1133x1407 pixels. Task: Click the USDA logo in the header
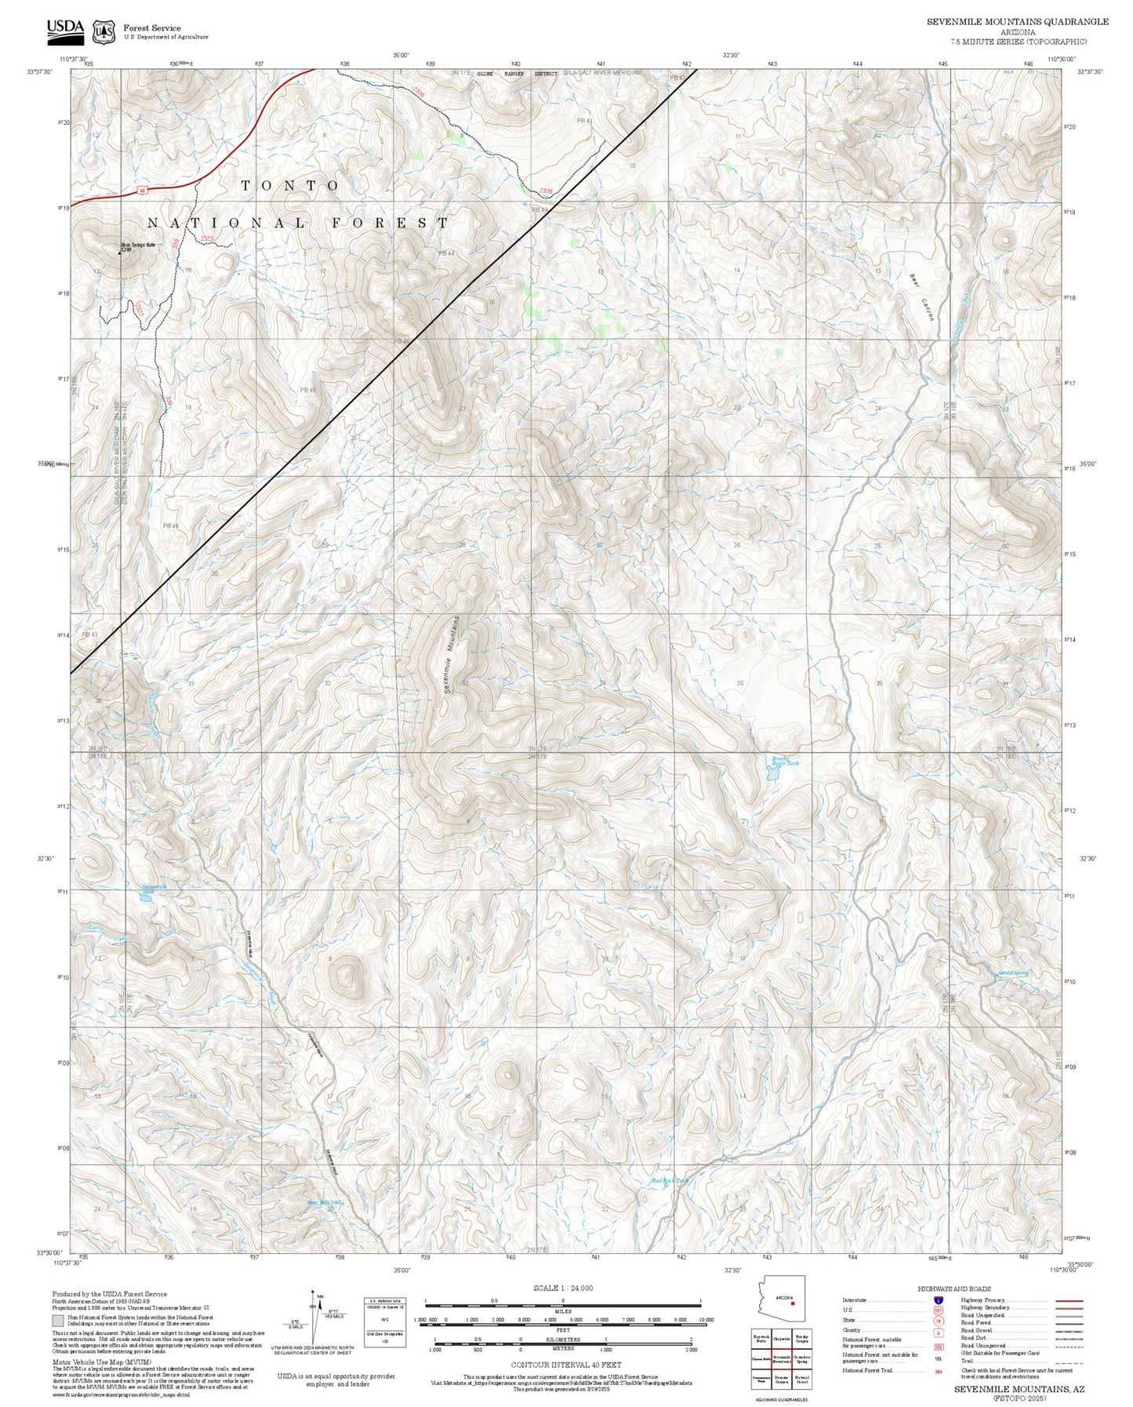click(x=64, y=30)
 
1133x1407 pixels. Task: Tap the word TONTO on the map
click(x=290, y=186)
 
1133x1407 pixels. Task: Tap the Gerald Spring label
click(x=1013, y=973)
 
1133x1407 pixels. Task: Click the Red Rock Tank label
click(x=669, y=1180)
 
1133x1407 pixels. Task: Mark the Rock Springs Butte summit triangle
click(x=123, y=253)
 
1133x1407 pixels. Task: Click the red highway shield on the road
click(x=143, y=190)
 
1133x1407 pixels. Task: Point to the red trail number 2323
click(x=207, y=238)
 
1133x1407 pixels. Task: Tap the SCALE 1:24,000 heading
click(x=562, y=1288)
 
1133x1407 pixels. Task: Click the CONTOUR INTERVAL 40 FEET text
click(x=565, y=1365)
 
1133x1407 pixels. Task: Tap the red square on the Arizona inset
click(x=792, y=1306)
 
